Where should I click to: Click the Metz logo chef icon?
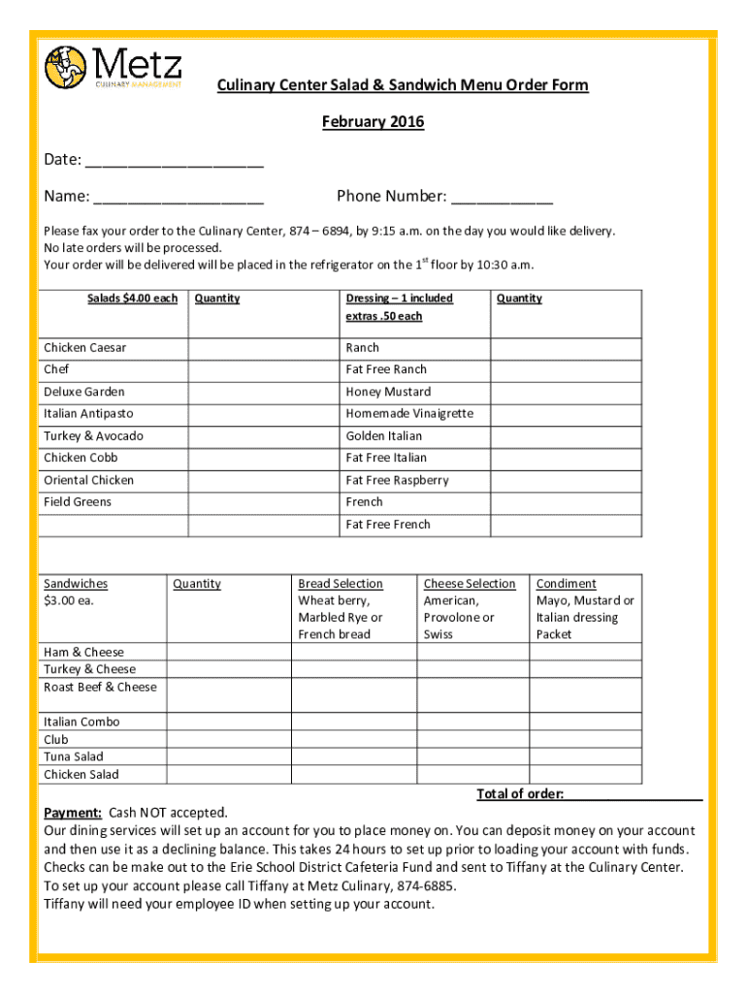(x=66, y=67)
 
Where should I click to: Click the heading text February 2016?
(x=373, y=122)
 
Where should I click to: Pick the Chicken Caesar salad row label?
(x=84, y=348)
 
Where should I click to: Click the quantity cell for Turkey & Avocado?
(x=263, y=436)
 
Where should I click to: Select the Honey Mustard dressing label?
(x=388, y=392)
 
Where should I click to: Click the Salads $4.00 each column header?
(x=132, y=299)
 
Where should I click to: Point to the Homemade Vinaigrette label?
(x=409, y=414)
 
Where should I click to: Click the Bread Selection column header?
(x=341, y=584)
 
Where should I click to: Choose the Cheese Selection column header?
(x=470, y=584)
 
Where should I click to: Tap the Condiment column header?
(x=566, y=584)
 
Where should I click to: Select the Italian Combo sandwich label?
(x=81, y=722)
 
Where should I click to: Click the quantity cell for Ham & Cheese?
(x=229, y=653)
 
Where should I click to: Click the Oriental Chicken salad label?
(x=88, y=481)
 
